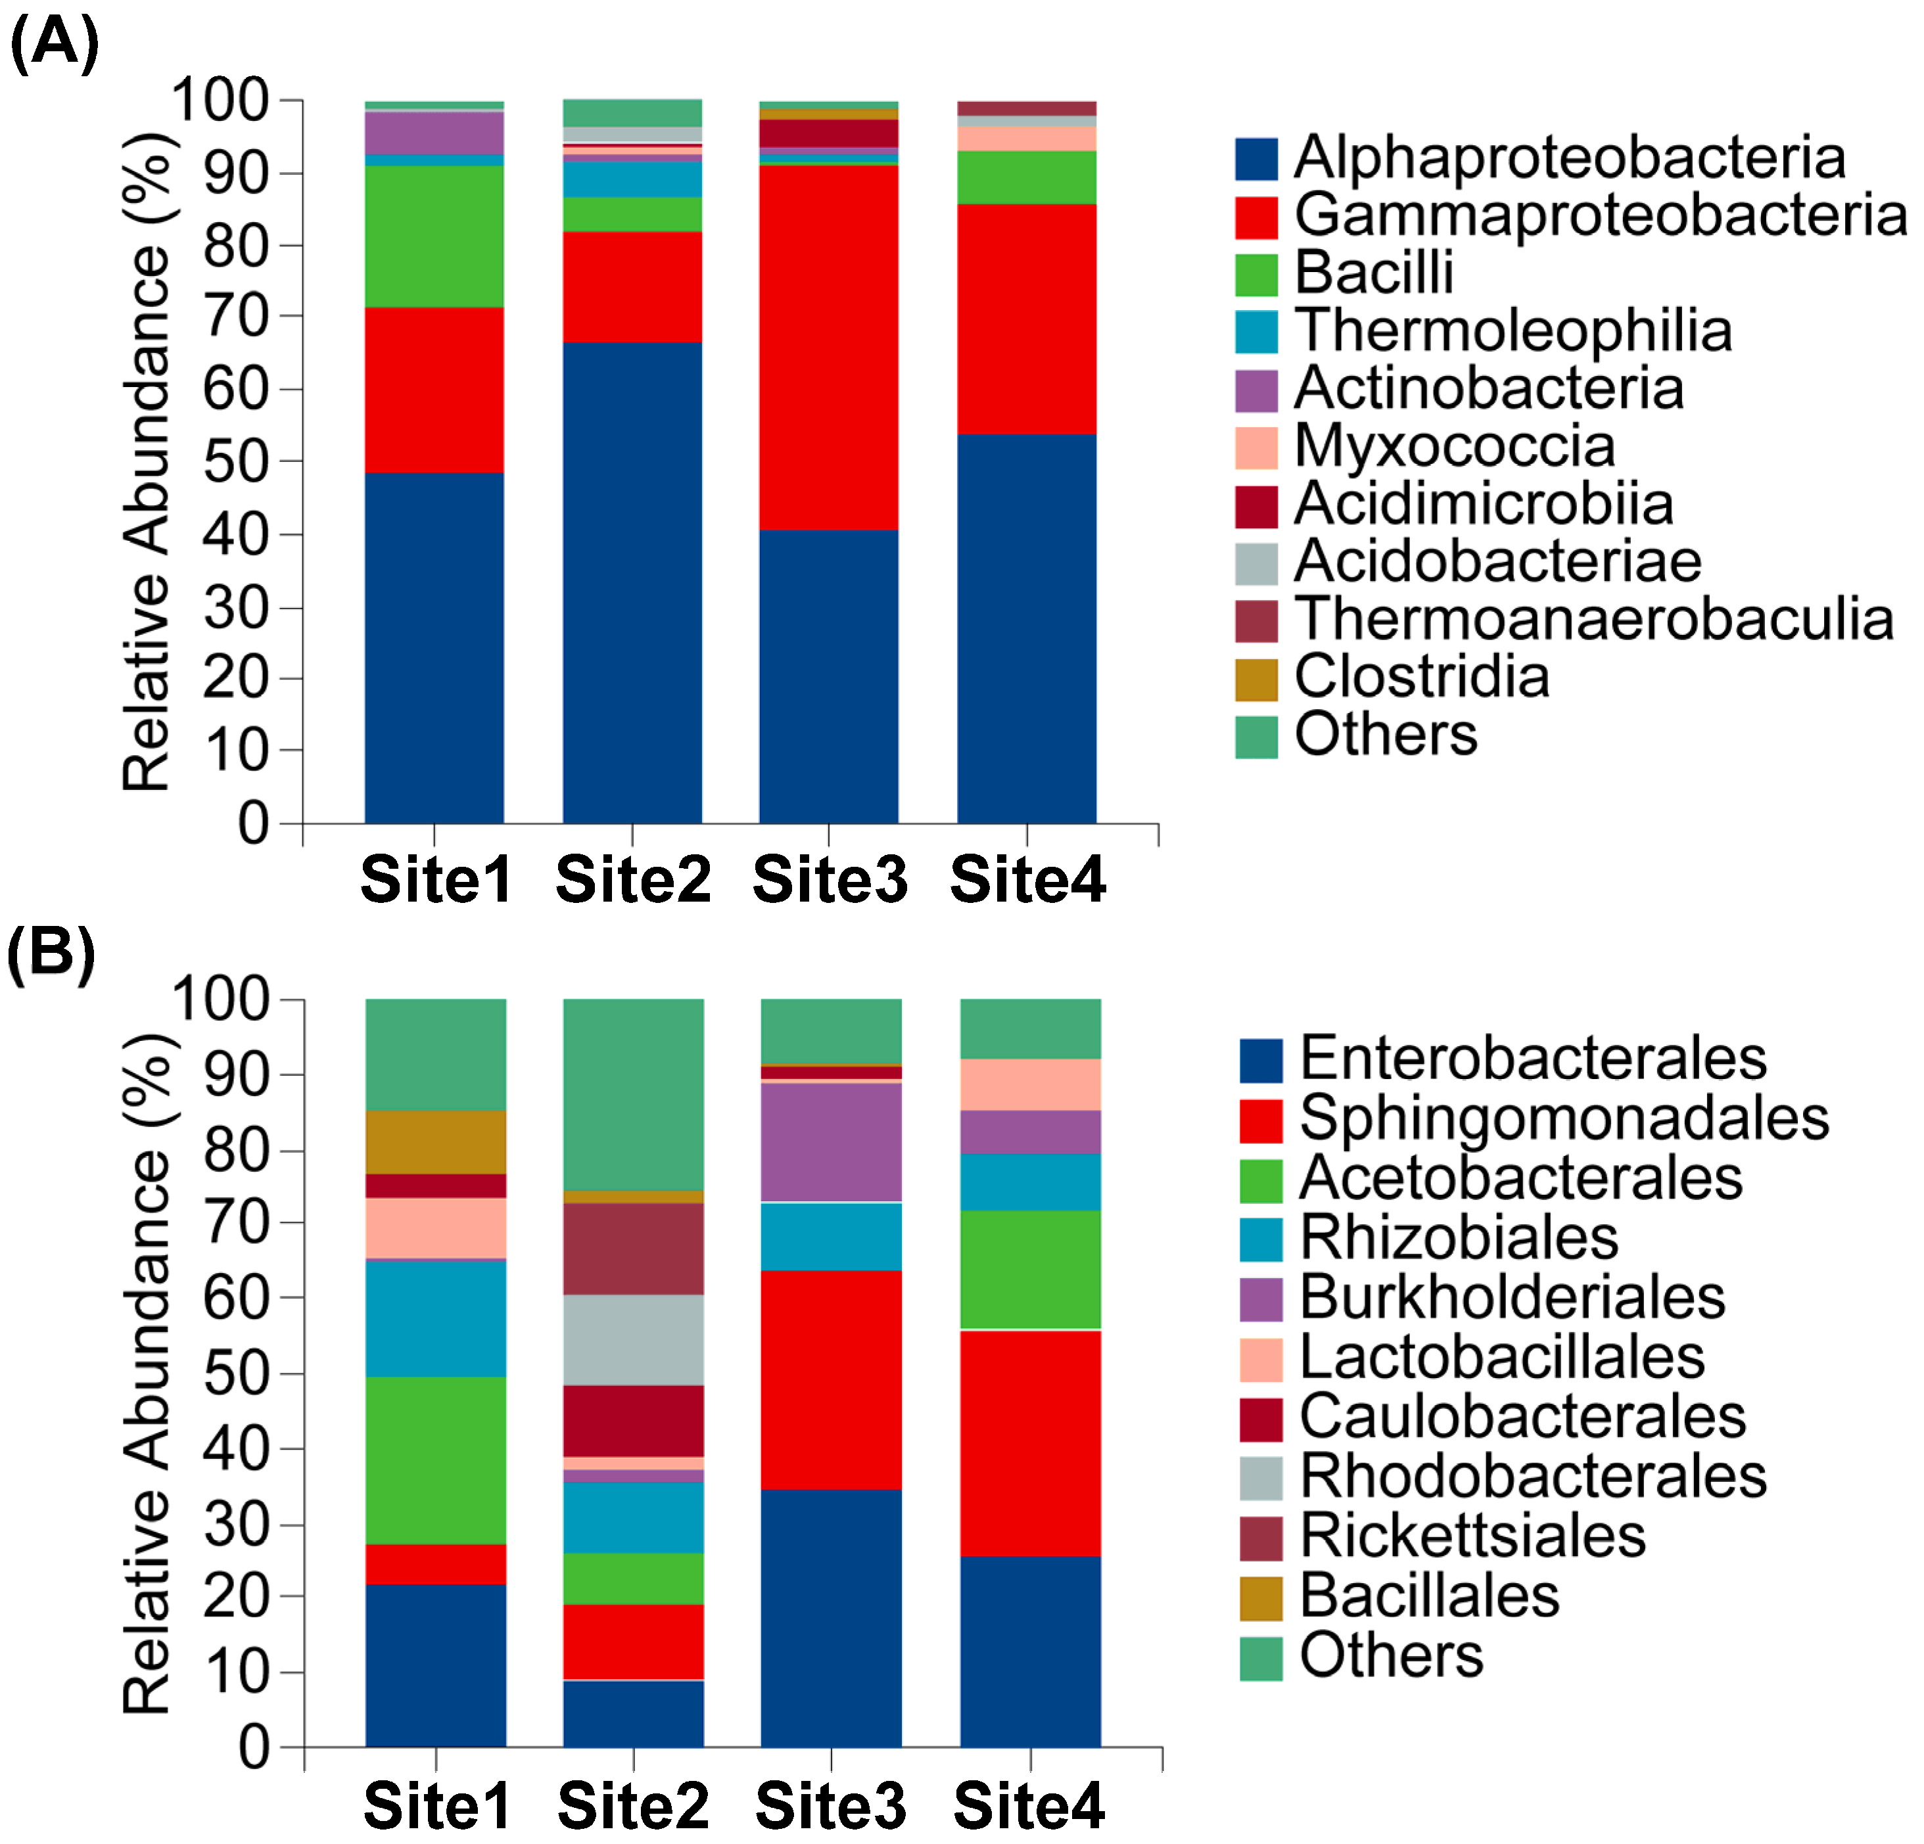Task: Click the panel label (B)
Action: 51,951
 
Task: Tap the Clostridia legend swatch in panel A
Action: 1257,679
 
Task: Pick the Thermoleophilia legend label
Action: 1513,331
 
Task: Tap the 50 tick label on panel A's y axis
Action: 235,462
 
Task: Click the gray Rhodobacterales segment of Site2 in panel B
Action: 633,1339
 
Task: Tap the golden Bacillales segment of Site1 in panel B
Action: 436,1141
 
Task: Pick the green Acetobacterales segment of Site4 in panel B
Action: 1030,1269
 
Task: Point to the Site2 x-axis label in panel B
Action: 633,1805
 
